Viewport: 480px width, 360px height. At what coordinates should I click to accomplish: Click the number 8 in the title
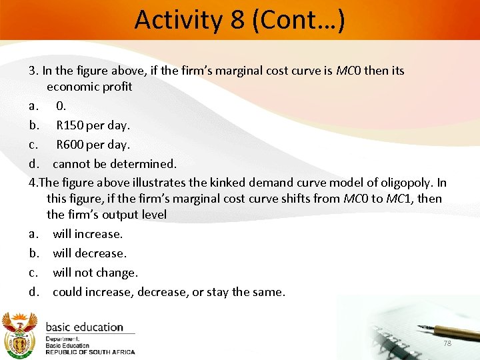point(237,20)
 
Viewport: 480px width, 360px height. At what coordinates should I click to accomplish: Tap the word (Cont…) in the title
point(297,20)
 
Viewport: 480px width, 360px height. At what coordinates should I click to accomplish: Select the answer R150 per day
point(93,125)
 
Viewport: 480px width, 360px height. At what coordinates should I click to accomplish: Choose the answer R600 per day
point(93,144)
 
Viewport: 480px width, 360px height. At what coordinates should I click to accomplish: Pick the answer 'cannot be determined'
point(114,163)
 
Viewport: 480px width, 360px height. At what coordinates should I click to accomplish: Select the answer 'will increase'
point(88,234)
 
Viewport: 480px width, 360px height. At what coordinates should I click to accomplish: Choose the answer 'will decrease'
point(89,253)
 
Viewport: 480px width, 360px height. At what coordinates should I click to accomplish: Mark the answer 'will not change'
point(95,273)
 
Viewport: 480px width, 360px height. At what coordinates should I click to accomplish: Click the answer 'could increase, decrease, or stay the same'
point(169,292)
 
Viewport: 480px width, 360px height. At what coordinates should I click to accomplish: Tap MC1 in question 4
point(397,199)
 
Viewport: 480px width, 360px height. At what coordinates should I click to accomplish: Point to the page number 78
point(447,343)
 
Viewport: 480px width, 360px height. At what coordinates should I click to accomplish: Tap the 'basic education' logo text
point(84,327)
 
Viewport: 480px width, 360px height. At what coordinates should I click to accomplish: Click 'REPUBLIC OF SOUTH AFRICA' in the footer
point(90,352)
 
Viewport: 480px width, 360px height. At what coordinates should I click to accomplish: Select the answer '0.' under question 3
point(61,105)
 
